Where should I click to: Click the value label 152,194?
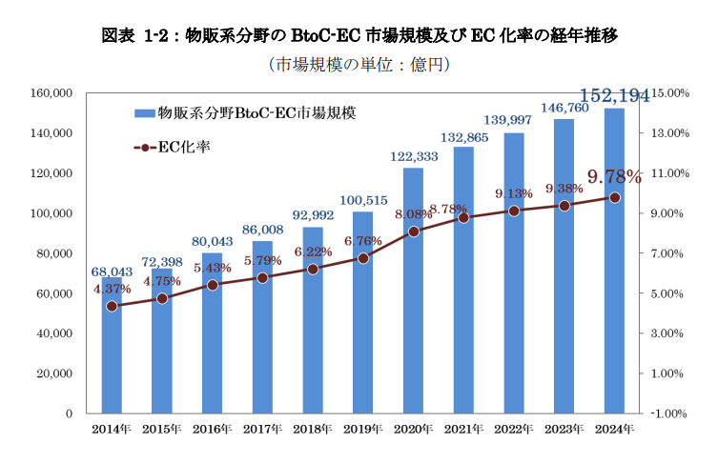click(615, 95)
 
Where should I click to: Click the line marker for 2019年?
click(363, 258)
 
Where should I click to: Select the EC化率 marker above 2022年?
click(514, 211)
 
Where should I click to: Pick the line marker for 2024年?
click(615, 197)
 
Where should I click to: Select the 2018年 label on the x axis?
click(313, 430)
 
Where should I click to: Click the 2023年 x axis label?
click(564, 430)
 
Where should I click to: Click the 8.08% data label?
click(414, 214)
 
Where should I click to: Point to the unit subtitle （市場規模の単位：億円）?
click(359, 65)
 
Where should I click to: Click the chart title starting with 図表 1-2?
click(359, 36)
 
